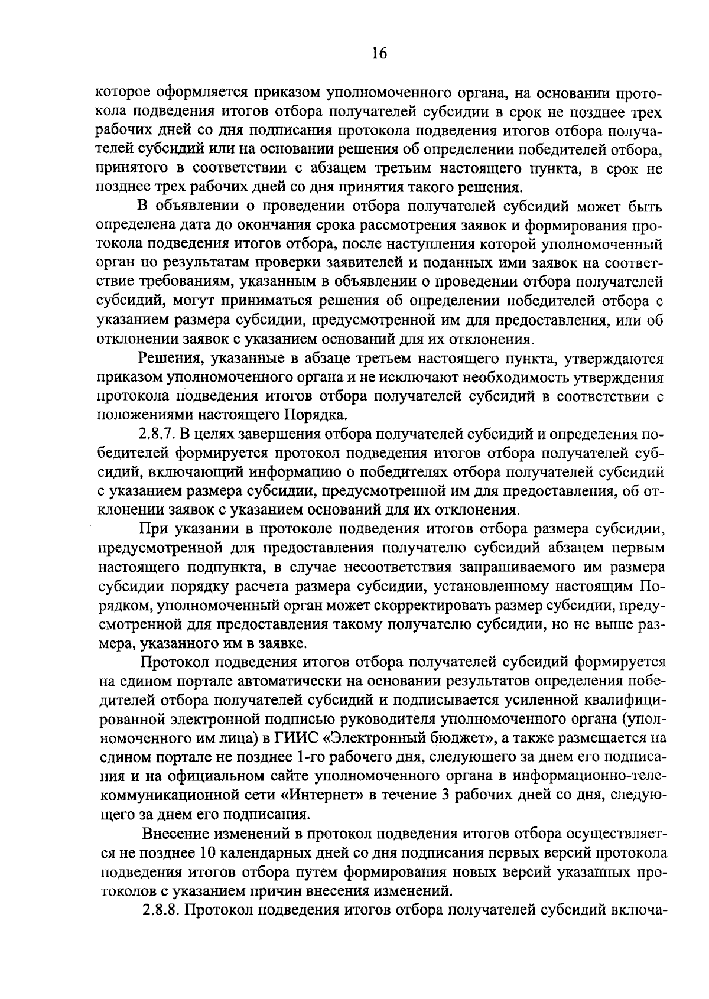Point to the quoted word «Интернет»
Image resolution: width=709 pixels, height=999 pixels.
[324, 795]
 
